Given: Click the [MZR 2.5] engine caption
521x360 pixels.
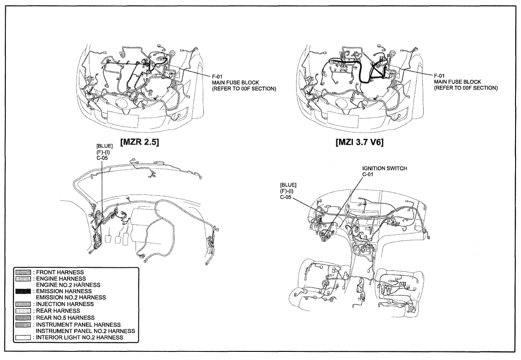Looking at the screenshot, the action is [140, 142].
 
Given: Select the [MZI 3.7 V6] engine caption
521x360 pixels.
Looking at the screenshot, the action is [359, 142].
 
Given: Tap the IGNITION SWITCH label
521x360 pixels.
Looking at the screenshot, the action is [384, 168].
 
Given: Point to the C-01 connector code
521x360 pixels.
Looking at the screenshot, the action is [368, 175].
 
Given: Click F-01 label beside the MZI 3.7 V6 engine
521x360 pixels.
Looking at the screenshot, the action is [439, 76].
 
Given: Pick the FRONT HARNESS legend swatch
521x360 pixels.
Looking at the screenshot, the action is [23, 272].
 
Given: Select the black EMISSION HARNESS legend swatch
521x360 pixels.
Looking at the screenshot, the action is [23, 291].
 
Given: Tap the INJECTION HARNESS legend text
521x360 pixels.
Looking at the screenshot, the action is [65, 304].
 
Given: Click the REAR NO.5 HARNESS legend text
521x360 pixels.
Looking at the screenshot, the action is [65, 318].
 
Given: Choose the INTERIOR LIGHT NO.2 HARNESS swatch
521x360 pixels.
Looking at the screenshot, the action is [23, 338].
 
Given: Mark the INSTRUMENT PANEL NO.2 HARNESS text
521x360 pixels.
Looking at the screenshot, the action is [86, 331].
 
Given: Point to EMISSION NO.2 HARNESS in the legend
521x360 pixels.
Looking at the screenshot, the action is [71, 298].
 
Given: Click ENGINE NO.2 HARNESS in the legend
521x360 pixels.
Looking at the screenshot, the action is [68, 285].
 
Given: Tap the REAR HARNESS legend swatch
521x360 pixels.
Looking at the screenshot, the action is [23, 311].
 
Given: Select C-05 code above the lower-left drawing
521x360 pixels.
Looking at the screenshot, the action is [102, 158].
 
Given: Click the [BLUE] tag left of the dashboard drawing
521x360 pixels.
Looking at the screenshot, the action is [288, 185].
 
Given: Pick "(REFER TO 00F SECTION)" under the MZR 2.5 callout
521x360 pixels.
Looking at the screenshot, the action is [244, 89].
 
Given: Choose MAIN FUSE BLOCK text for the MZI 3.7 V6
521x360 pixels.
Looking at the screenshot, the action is [458, 82].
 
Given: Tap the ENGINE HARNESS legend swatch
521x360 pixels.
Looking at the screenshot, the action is [23, 279].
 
